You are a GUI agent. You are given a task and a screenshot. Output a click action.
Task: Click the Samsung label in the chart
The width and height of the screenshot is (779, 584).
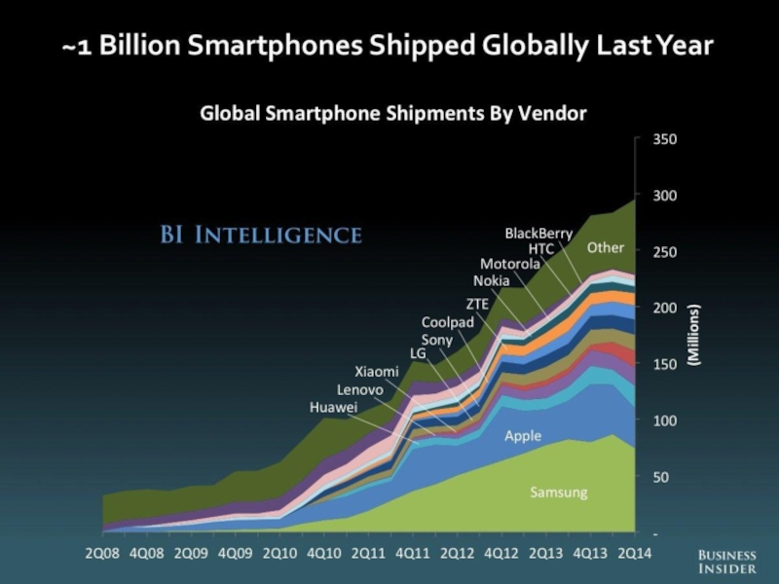click(x=558, y=493)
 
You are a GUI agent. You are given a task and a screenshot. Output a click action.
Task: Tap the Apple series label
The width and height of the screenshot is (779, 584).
click(x=522, y=436)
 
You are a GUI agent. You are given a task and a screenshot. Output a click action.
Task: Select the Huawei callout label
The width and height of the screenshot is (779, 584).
click(x=334, y=407)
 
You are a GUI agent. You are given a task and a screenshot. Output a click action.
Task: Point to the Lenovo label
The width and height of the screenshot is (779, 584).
click(x=361, y=389)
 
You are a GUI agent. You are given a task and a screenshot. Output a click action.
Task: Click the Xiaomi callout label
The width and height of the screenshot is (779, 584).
click(x=376, y=371)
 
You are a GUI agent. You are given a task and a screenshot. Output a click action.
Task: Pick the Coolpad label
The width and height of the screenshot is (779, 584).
click(x=447, y=322)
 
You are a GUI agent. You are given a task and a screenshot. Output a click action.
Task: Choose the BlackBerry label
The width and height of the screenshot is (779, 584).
click(x=538, y=234)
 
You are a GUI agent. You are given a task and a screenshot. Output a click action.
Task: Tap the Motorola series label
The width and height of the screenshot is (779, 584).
click(x=510, y=264)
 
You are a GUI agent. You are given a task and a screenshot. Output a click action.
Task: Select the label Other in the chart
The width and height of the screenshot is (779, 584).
click(x=605, y=248)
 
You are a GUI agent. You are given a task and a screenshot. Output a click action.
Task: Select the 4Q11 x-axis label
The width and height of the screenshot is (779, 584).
click(x=414, y=554)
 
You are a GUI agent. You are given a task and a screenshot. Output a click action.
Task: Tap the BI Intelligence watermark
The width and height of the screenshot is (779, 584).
click(x=260, y=235)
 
